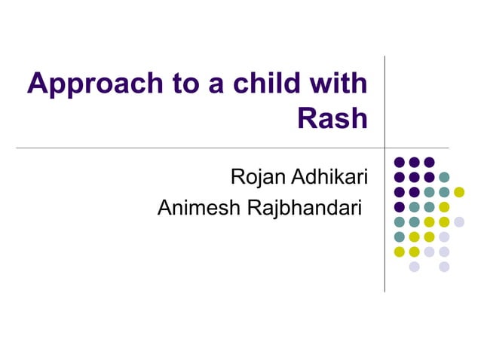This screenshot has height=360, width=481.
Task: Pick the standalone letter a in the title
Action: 204,84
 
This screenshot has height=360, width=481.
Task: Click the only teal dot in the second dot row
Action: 444,177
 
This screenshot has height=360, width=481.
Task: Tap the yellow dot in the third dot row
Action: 459,192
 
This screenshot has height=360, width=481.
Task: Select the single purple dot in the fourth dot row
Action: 400,207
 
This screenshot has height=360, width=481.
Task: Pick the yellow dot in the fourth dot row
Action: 444,207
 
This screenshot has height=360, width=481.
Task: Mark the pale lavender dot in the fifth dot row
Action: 459,221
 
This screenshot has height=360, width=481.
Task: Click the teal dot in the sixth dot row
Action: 400,236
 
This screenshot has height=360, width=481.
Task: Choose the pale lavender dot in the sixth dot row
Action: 444,236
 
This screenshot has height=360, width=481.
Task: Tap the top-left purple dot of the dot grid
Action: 400,162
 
